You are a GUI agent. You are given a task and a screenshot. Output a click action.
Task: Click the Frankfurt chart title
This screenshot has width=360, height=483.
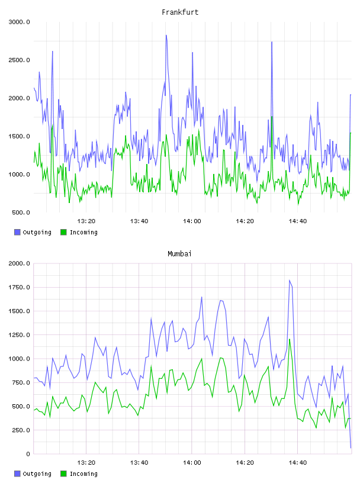(180, 12)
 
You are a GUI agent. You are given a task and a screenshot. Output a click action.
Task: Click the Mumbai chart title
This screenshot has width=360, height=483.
(179, 254)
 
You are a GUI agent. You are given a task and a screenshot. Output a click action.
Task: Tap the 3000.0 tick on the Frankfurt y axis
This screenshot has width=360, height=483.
(19, 22)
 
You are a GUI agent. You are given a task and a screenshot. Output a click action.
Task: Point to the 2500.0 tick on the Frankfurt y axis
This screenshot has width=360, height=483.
(19, 60)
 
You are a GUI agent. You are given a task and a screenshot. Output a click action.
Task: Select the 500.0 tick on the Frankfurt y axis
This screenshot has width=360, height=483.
(21, 212)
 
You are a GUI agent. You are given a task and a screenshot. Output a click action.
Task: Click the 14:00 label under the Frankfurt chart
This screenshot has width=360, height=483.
(192, 221)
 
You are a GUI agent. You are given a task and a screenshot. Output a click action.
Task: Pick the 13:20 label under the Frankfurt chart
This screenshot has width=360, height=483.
(86, 221)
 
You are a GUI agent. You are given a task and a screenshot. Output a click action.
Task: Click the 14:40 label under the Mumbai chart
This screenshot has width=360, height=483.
(297, 463)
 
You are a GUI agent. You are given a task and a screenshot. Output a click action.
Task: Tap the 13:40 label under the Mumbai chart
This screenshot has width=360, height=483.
(139, 463)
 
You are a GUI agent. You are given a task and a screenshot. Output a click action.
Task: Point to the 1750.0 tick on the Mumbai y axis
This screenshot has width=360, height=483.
(19, 288)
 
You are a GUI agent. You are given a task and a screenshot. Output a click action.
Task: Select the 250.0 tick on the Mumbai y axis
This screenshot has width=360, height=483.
(21, 430)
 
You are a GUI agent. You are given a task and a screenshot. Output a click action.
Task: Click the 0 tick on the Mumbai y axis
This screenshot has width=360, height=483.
(28, 454)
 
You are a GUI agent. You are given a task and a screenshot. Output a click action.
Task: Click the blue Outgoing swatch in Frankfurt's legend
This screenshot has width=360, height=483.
(17, 232)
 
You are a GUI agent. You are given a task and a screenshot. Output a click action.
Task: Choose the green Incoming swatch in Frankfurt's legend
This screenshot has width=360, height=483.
(63, 232)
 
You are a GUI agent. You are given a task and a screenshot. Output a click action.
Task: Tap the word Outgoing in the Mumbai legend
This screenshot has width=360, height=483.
(37, 474)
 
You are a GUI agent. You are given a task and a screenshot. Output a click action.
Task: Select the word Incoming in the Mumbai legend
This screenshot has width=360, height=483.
(83, 474)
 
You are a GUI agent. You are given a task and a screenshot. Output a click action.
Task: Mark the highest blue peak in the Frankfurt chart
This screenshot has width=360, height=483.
(166, 35)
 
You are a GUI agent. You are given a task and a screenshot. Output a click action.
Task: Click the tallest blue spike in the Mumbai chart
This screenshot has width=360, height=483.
(290, 280)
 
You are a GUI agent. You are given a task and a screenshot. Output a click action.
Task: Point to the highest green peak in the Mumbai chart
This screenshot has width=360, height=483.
(290, 339)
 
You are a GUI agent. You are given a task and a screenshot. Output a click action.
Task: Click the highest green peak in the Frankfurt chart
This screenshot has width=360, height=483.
(272, 117)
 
